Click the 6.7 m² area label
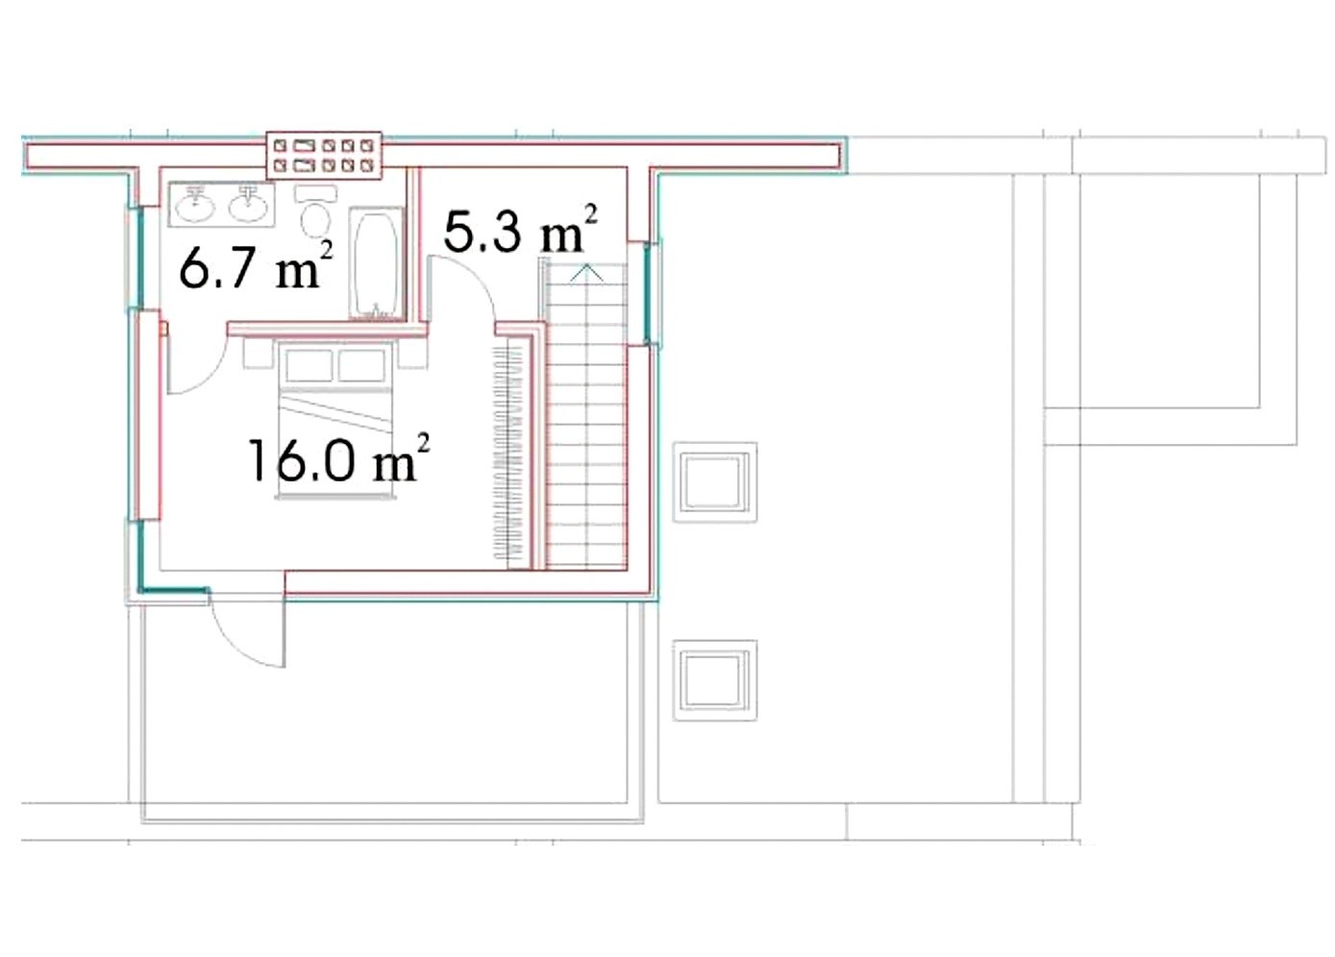point(256,266)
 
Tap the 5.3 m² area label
point(520,229)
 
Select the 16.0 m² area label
point(338,458)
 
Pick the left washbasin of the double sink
point(195,205)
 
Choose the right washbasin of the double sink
point(249,205)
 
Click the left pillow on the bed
point(309,365)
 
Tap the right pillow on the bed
point(361,365)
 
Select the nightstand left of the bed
point(258,354)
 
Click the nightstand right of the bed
point(412,354)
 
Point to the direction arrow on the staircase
point(587,274)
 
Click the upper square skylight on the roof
point(715,482)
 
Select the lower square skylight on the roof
point(715,680)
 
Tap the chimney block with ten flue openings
point(324,155)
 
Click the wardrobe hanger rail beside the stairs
point(508,453)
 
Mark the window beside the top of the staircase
point(648,293)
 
